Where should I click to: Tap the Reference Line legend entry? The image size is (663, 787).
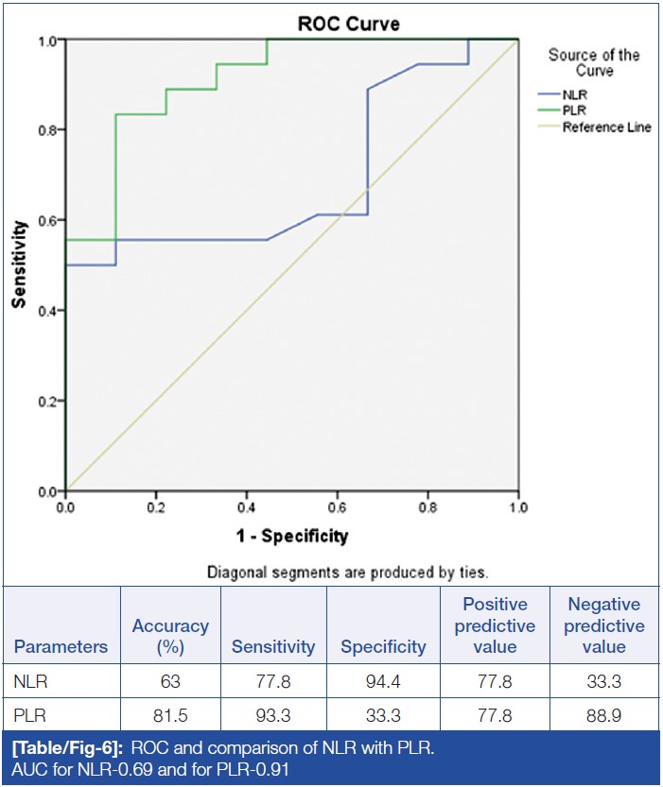point(606,127)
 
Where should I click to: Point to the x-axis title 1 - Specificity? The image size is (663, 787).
point(292,537)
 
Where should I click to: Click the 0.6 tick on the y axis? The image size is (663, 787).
point(46,220)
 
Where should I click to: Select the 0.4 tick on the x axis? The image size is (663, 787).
point(246,507)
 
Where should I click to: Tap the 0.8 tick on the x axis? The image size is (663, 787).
point(427,507)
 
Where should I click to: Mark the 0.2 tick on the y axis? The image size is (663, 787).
point(46,402)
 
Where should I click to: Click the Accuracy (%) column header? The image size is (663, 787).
point(170,636)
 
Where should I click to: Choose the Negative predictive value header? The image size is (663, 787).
point(604,625)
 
